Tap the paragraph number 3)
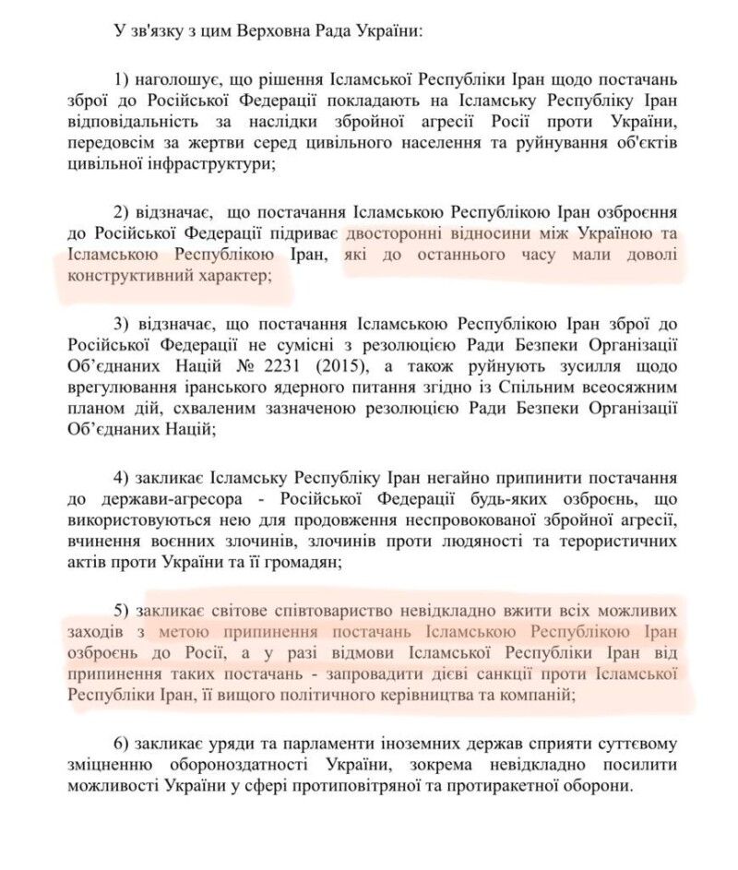click(x=121, y=325)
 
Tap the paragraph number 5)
click(x=121, y=612)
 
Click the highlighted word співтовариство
click(x=295, y=612)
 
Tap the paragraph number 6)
click(x=121, y=745)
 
